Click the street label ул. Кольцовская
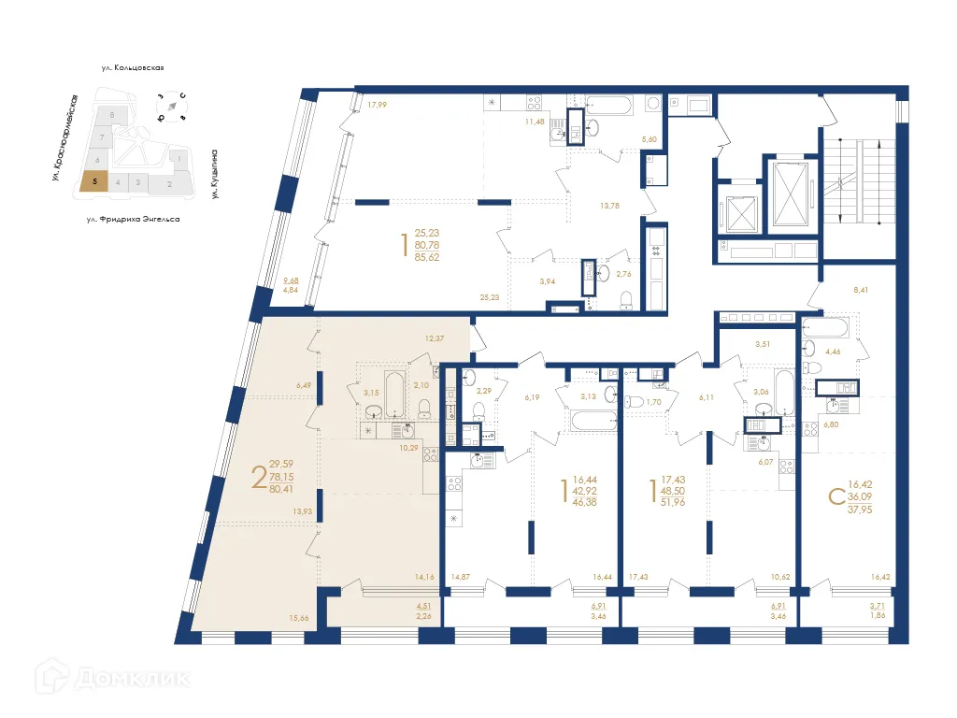coord(134,67)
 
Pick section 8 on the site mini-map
coord(112,114)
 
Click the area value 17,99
coord(377,105)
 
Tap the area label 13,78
coord(610,205)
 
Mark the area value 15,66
coord(299,618)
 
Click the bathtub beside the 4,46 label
coord(824,330)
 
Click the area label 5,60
coord(649,139)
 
